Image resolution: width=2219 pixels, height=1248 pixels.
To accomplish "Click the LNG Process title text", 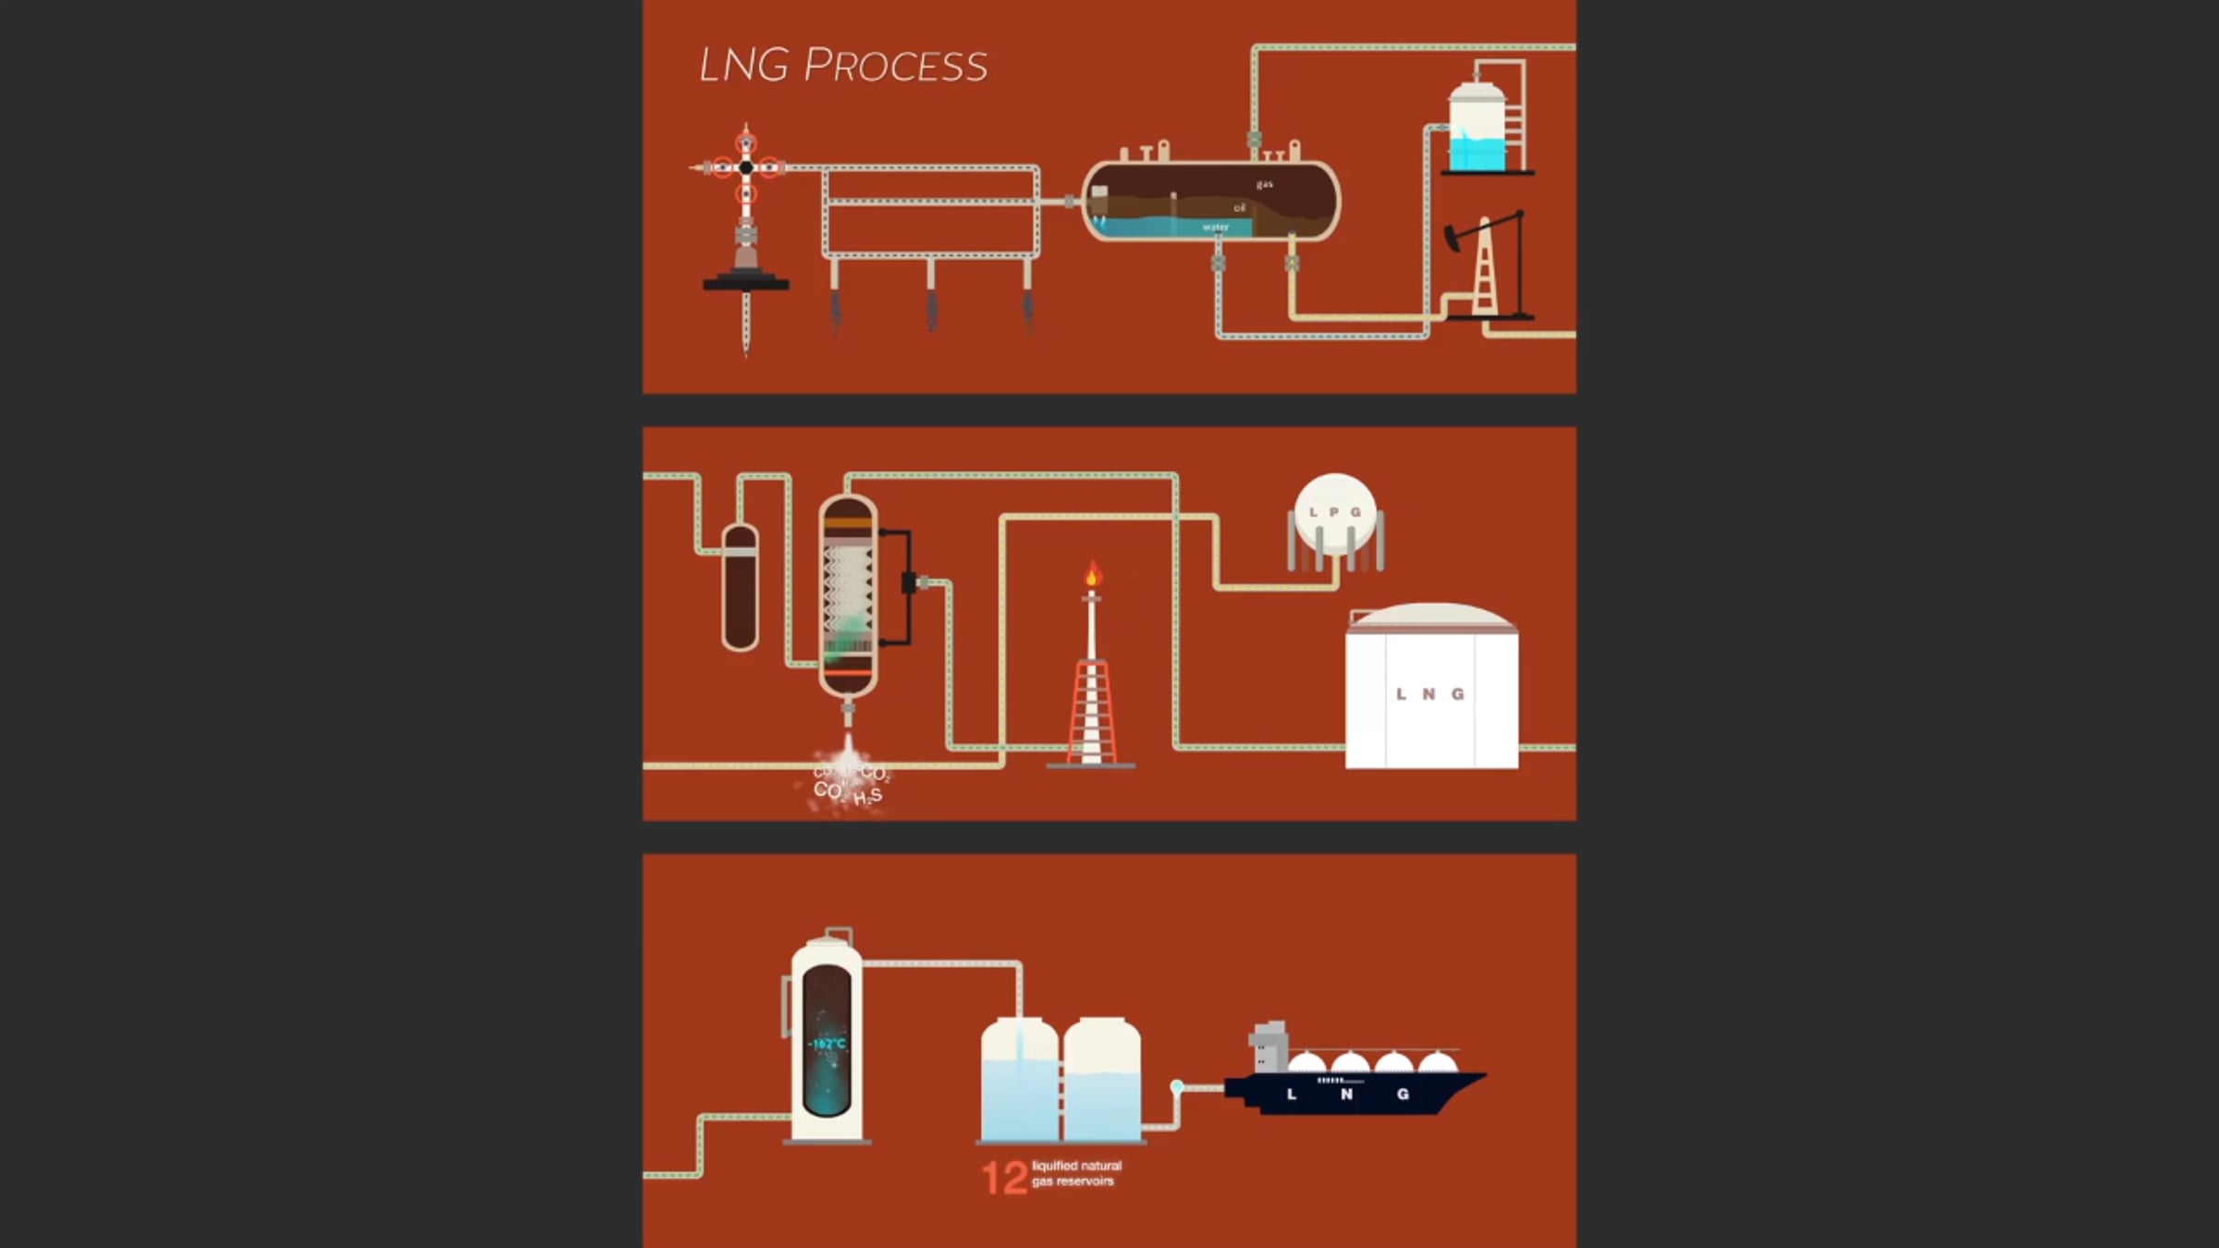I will point(842,66).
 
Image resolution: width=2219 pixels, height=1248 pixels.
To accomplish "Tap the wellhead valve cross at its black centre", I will point(746,167).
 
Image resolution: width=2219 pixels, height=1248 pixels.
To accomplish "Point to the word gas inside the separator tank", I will point(1264,185).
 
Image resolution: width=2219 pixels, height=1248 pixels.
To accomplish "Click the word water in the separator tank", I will point(1215,227).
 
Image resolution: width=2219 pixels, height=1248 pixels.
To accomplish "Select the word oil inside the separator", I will point(1240,208).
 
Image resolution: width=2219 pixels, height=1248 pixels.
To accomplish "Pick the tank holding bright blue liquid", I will point(1477,129).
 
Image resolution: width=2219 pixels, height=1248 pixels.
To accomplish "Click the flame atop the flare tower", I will point(1092,575).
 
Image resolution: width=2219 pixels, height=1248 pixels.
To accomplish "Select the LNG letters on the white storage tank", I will point(1429,694).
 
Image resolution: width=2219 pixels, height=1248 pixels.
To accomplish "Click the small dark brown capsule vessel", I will point(740,587).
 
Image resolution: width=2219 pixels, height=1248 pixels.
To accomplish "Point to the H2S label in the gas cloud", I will point(867,797).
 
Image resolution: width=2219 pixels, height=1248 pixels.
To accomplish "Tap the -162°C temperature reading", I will point(827,1044).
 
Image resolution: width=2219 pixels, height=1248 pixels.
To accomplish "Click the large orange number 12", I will point(1004,1178).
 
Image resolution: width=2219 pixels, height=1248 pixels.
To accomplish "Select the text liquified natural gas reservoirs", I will point(1076,1173).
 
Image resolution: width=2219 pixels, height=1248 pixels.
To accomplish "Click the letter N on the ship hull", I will point(1346,1095).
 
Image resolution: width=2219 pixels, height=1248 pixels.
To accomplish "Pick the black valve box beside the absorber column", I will point(909,582).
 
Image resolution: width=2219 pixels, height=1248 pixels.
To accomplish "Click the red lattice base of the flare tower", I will point(1092,712).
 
